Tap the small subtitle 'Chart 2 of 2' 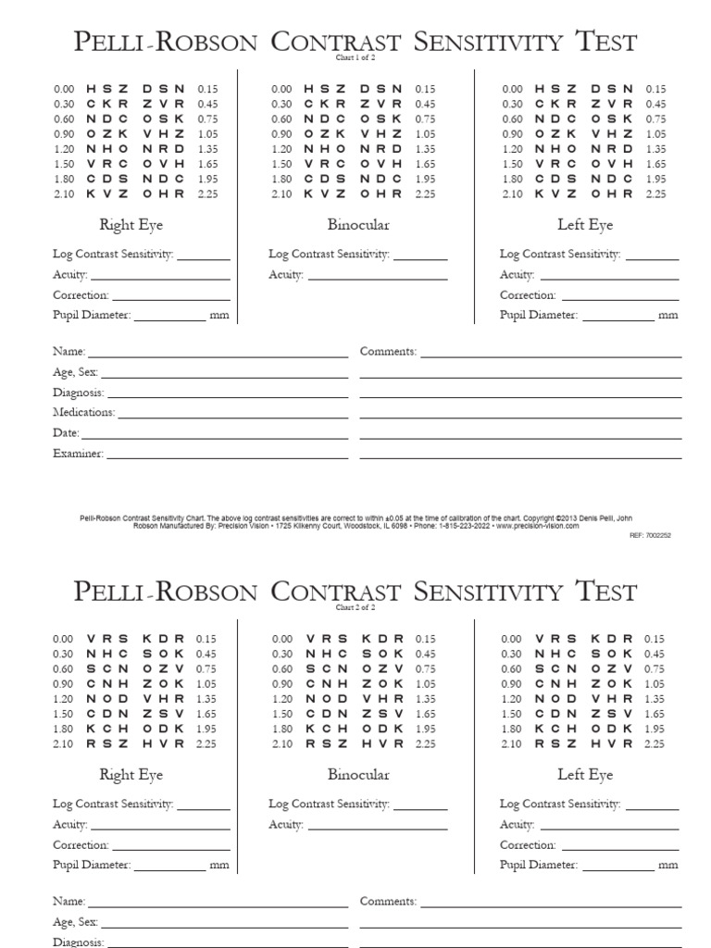pos(355,608)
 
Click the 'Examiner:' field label pos(79,454)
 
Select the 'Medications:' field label pos(84,413)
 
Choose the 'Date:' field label pos(66,433)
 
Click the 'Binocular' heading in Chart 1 pos(358,225)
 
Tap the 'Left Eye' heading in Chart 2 pos(585,775)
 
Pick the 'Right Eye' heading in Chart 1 pos(131,225)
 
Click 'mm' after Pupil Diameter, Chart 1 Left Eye pos(668,316)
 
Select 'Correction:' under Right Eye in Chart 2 pos(81,845)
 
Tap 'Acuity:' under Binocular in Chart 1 pos(286,275)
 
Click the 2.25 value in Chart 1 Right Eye pos(206,194)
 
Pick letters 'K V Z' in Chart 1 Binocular pos(323,194)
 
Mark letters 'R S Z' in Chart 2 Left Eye pos(554,743)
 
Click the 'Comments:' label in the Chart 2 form pos(388,901)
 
